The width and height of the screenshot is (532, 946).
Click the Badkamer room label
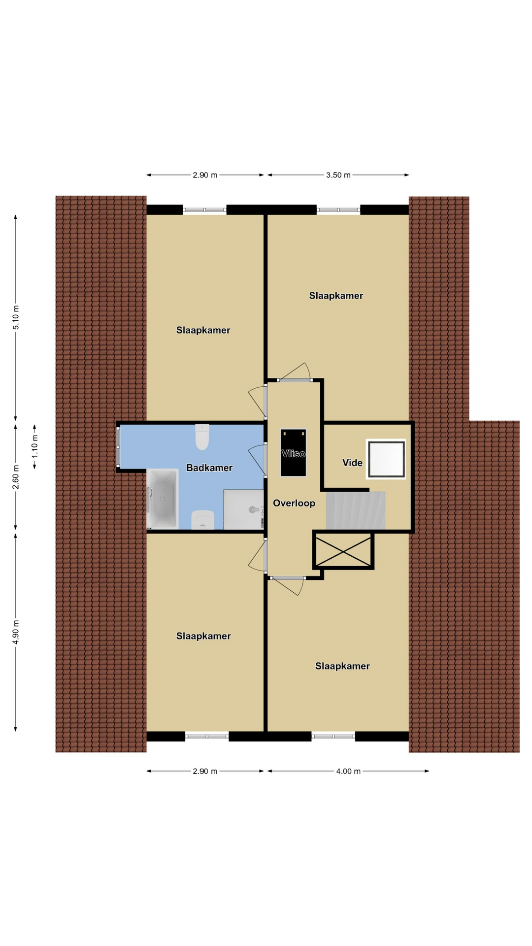point(209,468)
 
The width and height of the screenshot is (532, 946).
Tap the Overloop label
point(294,503)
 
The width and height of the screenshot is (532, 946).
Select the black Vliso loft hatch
point(294,453)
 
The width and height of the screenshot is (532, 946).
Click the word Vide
point(352,463)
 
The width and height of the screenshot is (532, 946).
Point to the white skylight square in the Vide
point(386,459)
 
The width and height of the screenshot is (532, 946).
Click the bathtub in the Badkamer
point(163,499)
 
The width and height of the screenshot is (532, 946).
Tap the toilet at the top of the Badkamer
point(202,437)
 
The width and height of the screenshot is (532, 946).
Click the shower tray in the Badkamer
point(243,509)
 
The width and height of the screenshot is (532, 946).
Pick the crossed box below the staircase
point(343,550)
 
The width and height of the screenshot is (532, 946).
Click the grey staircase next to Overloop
point(356,510)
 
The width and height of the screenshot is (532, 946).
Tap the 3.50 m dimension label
point(338,175)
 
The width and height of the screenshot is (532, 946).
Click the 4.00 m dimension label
point(348,771)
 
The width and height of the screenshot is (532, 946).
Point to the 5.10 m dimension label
point(16,318)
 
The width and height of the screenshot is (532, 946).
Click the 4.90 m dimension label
point(16,632)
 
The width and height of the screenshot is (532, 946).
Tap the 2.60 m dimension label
point(16,477)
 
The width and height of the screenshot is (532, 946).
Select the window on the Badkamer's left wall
point(118,447)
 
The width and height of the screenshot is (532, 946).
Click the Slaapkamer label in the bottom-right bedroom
point(342,666)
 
